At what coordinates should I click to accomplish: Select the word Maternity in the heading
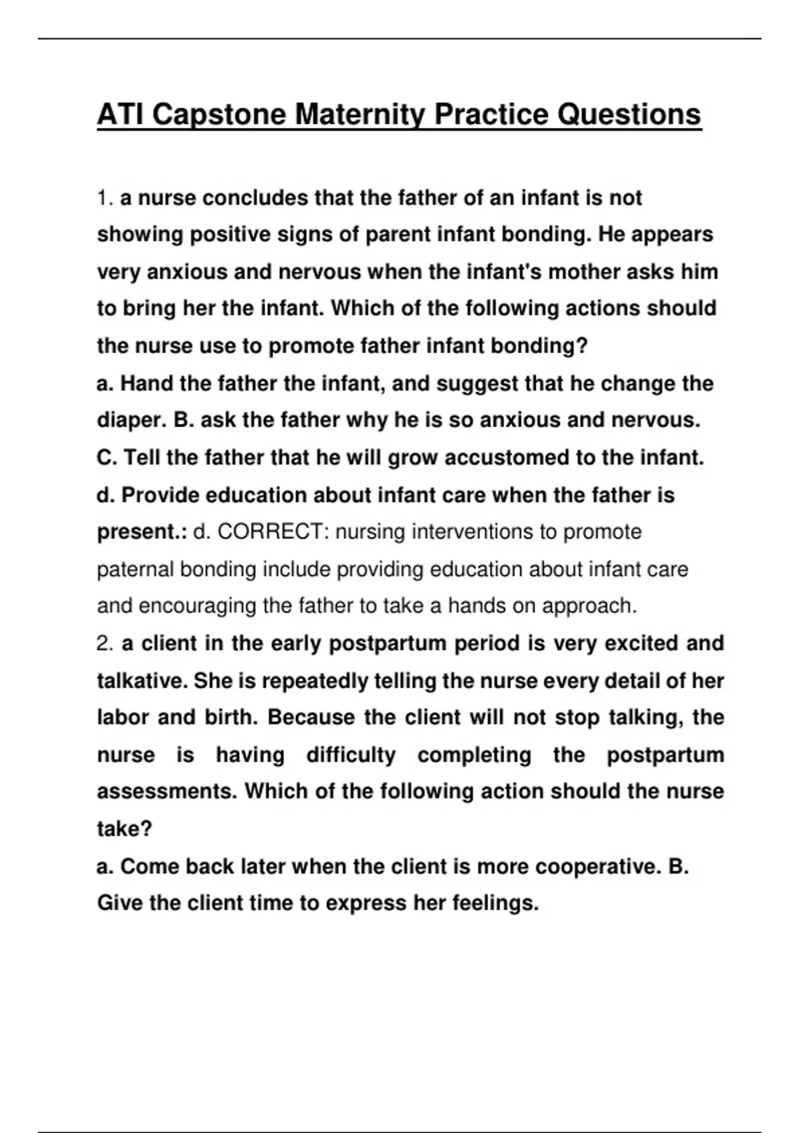[x=358, y=115]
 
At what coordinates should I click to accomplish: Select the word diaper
[x=131, y=421]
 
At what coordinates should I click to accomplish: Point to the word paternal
[x=135, y=570]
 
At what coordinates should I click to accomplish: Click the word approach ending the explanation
[x=589, y=606]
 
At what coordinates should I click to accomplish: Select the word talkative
[x=142, y=681]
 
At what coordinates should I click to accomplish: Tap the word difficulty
[x=351, y=755]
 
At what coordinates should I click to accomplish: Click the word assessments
[x=167, y=792]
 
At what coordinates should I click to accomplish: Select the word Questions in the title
[x=629, y=115]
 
